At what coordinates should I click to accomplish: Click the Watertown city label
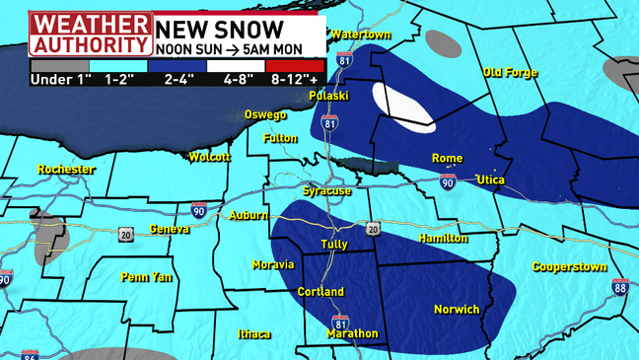click(x=361, y=35)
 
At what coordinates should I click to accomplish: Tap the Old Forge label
click(x=510, y=73)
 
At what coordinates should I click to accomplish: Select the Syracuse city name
click(x=326, y=190)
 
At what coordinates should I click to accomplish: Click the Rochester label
click(x=65, y=170)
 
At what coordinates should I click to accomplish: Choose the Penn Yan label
click(x=146, y=277)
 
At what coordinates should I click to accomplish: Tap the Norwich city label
click(x=457, y=310)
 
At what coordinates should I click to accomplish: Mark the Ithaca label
click(x=253, y=334)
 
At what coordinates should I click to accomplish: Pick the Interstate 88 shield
click(x=619, y=287)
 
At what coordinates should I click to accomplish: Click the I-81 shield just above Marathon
click(x=339, y=321)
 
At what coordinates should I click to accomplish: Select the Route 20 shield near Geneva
click(x=125, y=234)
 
